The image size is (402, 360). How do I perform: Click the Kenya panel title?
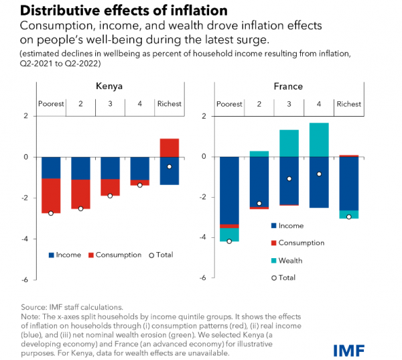tap(109, 86)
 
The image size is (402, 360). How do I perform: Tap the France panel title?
tap(289, 86)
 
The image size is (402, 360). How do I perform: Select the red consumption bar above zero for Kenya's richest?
tap(170, 147)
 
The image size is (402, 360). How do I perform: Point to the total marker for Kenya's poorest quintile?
tap(51, 213)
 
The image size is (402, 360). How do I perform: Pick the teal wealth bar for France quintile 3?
tap(289, 143)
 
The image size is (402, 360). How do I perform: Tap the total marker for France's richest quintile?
tap(348, 217)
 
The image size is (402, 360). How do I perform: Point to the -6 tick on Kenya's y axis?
tap(25, 280)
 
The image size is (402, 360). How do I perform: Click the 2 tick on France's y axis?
tap(204, 116)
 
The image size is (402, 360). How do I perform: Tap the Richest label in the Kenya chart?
tap(169, 104)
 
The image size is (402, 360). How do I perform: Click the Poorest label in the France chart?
tap(230, 104)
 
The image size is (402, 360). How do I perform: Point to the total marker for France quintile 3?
tap(289, 179)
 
